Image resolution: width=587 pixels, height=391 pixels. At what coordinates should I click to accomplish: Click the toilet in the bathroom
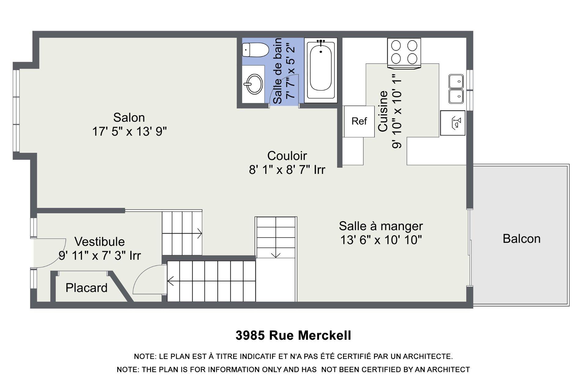pyautogui.click(x=256, y=50)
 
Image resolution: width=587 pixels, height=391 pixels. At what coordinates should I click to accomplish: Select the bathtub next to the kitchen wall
pyautogui.click(x=321, y=70)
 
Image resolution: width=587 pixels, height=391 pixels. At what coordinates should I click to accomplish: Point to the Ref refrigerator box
pyautogui.click(x=359, y=121)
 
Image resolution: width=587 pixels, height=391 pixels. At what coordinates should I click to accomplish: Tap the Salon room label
pyautogui.click(x=129, y=118)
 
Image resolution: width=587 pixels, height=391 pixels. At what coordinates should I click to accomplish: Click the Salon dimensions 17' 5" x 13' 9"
pyautogui.click(x=129, y=132)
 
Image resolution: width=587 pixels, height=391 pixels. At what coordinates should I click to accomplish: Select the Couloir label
pyautogui.click(x=287, y=156)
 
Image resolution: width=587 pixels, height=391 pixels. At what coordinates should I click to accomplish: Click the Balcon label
pyautogui.click(x=522, y=239)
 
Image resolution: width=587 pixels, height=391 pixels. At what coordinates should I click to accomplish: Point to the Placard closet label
pyautogui.click(x=87, y=288)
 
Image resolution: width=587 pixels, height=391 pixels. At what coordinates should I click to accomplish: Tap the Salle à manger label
pyautogui.click(x=381, y=226)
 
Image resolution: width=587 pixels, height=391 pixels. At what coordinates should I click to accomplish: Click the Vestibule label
pyautogui.click(x=100, y=242)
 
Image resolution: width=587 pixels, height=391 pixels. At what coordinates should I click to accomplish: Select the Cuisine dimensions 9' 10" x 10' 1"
pyautogui.click(x=397, y=111)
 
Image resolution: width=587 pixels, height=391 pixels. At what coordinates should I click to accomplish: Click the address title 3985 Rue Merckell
pyautogui.click(x=293, y=335)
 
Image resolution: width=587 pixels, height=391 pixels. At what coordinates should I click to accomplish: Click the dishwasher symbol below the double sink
pyautogui.click(x=452, y=123)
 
